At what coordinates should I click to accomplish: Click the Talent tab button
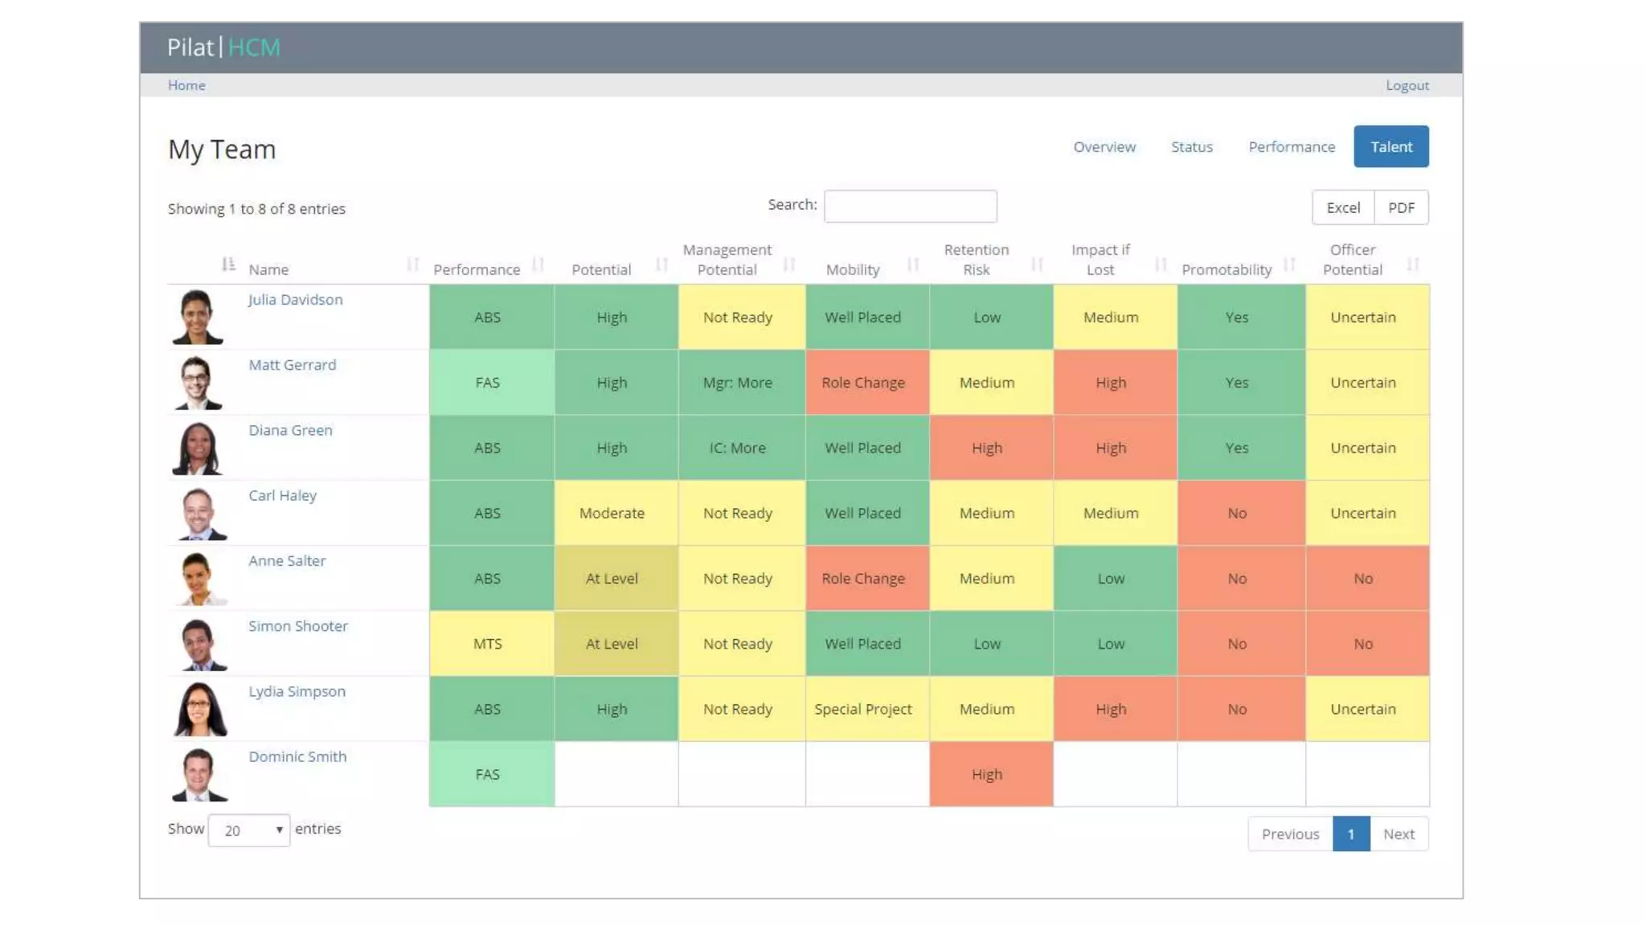click(1390, 146)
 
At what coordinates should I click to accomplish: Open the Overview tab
click(1104, 147)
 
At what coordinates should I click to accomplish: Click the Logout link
click(1406, 85)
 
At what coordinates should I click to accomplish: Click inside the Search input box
click(910, 207)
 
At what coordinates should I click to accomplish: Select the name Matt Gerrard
click(292, 365)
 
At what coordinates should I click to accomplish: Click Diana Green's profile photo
click(197, 448)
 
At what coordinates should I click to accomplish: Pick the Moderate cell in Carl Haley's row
click(612, 513)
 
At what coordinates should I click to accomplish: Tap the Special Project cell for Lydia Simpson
click(863, 709)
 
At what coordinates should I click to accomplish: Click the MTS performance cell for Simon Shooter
click(488, 644)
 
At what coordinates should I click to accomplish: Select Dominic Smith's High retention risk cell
click(987, 774)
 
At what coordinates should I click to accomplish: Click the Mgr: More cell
click(737, 383)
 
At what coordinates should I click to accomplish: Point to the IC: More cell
click(737, 448)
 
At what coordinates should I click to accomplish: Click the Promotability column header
click(1226, 269)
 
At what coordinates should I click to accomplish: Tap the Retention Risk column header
click(976, 260)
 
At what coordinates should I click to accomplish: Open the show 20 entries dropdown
click(249, 830)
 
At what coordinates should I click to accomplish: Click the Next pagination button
click(1398, 834)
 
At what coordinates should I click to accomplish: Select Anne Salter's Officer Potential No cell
click(1363, 579)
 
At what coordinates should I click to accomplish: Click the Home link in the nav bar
click(186, 85)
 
